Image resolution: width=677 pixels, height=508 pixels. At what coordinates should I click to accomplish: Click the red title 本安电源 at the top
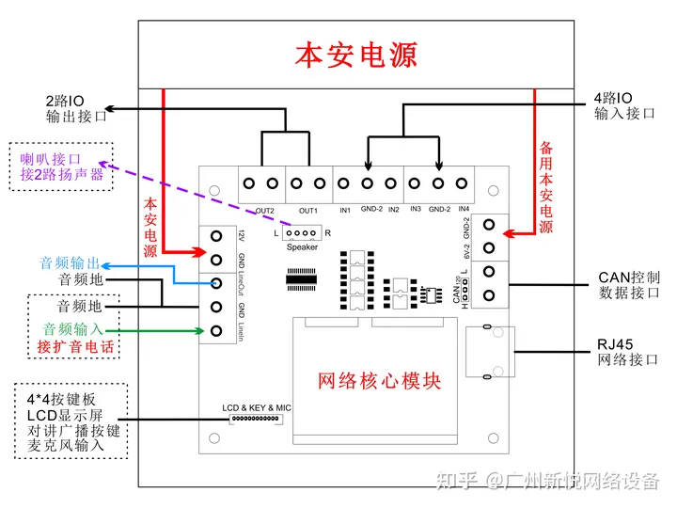pos(355,54)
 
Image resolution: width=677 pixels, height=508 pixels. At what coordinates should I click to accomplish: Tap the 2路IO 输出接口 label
pos(76,108)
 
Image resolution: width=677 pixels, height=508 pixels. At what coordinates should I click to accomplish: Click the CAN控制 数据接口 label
pos(629,285)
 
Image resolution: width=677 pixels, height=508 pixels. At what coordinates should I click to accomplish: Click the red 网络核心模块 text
pos(379,381)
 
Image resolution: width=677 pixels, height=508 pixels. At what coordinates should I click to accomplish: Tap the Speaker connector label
pos(302,246)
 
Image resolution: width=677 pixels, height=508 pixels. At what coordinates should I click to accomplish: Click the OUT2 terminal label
pos(264,210)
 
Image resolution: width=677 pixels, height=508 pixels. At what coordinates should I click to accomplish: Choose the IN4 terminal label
pos(462,210)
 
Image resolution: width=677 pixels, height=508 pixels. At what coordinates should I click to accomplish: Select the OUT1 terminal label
pos(308,210)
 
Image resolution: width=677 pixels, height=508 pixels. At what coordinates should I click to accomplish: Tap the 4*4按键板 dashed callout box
pos(71,421)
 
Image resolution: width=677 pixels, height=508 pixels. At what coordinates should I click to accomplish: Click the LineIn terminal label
pos(242,330)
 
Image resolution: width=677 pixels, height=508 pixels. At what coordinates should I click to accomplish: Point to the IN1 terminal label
pos(345,210)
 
